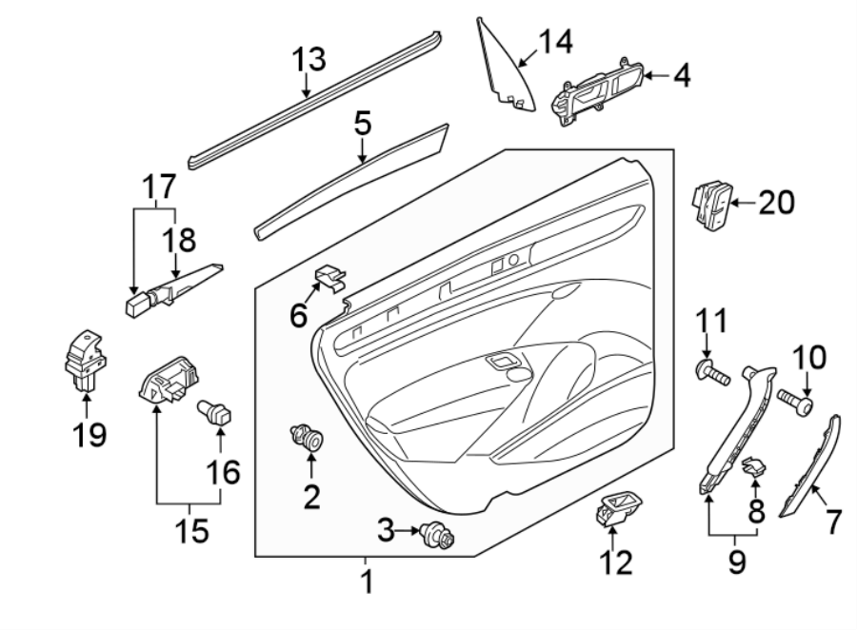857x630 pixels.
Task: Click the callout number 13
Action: tap(309, 60)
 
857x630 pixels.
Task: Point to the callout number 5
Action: tap(363, 124)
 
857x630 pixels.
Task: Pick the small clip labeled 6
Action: tap(329, 276)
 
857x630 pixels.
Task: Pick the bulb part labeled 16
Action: tap(214, 414)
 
